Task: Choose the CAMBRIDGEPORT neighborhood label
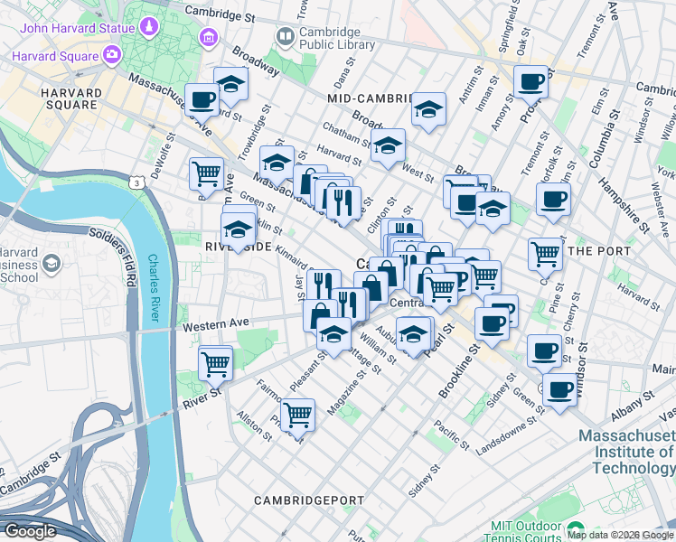(x=308, y=500)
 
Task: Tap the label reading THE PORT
(x=596, y=250)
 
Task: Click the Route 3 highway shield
(x=135, y=183)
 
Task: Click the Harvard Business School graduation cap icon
(x=51, y=263)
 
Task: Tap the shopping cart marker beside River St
(x=215, y=364)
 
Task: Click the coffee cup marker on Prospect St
(x=531, y=82)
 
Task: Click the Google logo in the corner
(x=29, y=531)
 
